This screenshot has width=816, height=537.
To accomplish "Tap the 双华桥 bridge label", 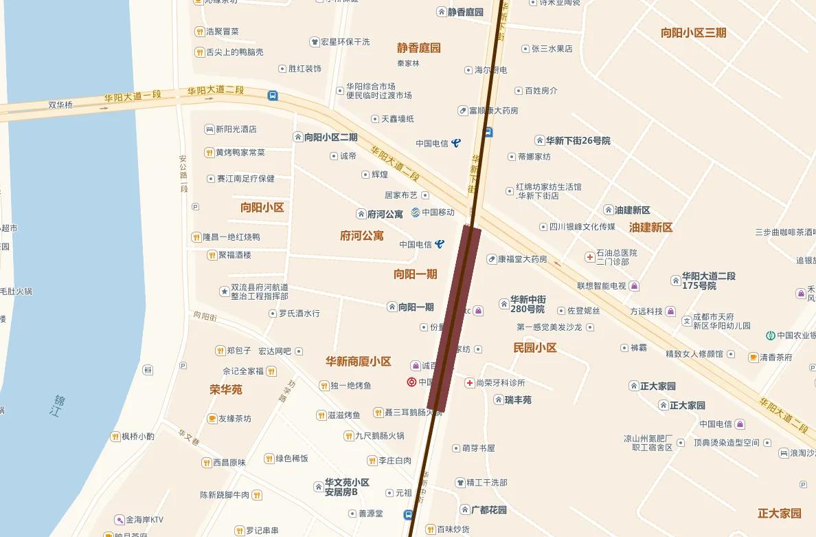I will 60,105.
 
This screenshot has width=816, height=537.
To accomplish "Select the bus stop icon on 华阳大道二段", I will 273,96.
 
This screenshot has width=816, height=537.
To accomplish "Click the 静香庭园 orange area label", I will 418,48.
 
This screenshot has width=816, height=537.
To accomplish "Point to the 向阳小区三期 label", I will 693,33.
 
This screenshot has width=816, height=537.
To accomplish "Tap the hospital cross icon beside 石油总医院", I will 589,257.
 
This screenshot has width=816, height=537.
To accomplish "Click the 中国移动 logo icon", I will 416,212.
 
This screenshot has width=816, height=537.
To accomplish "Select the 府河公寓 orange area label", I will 361,236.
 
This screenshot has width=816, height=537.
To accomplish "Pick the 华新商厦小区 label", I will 358,362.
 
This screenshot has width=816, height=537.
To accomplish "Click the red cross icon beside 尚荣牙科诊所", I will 470,383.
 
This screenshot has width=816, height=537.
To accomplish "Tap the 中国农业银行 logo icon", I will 771,336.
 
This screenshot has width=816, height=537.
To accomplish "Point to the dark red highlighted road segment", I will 454,320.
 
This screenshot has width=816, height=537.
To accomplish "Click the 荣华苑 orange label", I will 226,390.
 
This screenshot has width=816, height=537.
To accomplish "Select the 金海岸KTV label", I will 144,520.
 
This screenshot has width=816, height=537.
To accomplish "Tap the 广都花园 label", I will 488,510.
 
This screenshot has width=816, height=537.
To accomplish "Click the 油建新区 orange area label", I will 650,228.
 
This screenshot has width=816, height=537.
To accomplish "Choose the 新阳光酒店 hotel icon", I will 209,129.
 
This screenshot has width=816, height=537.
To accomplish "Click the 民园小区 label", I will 535,348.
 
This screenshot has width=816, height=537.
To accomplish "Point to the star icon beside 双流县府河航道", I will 224,292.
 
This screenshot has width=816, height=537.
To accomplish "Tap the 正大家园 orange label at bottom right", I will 780,514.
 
